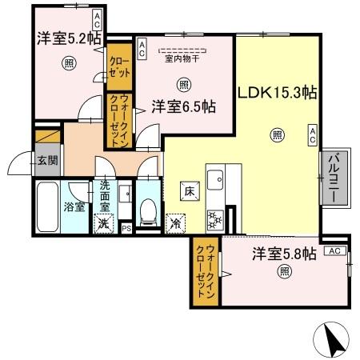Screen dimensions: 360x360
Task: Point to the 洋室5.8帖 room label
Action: (x=285, y=254)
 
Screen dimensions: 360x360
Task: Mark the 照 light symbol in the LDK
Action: (x=277, y=134)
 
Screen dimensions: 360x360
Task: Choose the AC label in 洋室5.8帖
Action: (x=334, y=250)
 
